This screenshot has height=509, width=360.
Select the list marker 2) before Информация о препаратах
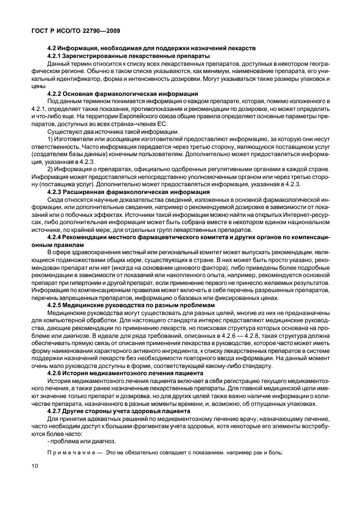(51, 169)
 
